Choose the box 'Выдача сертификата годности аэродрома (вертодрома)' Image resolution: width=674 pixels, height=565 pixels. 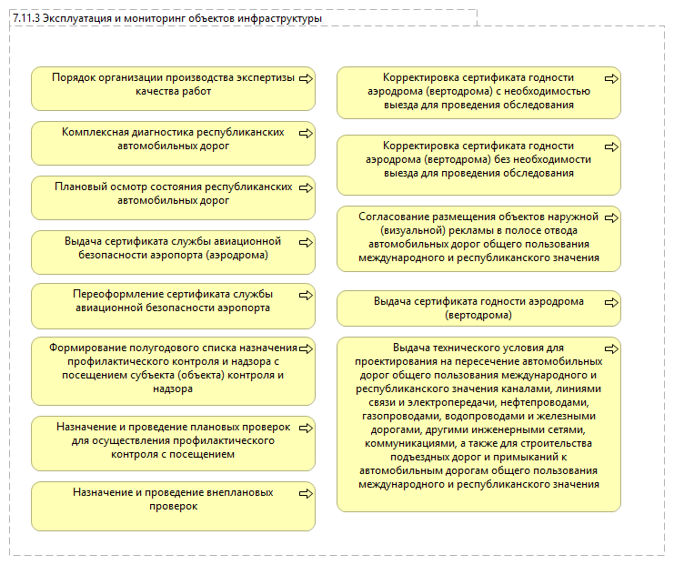tap(478, 308)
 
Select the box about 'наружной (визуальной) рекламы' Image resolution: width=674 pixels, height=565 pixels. tap(478, 238)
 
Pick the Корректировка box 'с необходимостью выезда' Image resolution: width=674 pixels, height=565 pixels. tap(478, 92)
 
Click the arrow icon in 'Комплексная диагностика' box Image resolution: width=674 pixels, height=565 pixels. tap(306, 133)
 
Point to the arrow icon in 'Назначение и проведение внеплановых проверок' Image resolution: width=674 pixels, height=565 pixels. tap(306, 493)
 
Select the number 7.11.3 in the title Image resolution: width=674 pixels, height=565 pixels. tap(26, 18)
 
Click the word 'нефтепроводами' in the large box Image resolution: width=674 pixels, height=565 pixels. tap(546, 401)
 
